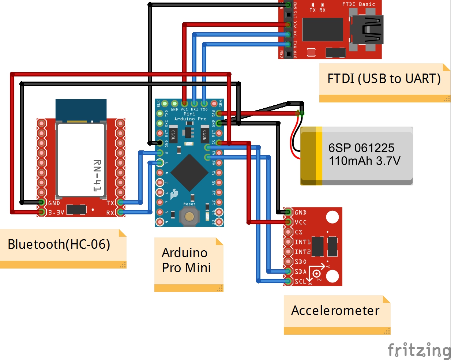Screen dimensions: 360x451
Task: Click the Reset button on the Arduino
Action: click(x=189, y=216)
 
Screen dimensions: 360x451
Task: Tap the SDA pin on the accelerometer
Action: click(x=288, y=271)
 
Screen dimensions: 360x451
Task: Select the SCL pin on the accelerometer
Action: click(x=288, y=281)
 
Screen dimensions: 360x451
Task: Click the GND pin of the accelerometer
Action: click(x=288, y=212)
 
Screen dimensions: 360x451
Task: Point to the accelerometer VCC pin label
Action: click(x=301, y=222)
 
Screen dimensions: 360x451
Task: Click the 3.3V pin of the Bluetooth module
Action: click(x=42, y=212)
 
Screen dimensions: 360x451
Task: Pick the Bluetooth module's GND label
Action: click(x=54, y=203)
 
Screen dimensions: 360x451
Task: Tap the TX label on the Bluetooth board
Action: click(x=110, y=203)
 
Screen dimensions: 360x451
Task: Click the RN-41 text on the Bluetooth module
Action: click(x=97, y=176)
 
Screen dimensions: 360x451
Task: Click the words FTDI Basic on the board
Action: click(x=358, y=4)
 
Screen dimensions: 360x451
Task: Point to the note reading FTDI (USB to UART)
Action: click(x=384, y=79)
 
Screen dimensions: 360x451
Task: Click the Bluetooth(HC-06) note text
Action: click(x=59, y=244)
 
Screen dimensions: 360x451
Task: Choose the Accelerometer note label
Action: click(x=335, y=311)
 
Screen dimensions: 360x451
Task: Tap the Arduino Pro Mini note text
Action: click(x=186, y=260)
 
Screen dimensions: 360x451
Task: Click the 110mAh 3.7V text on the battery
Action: click(x=364, y=161)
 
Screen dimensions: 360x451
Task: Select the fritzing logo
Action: click(x=419, y=350)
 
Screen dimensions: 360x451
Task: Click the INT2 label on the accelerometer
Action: click(x=302, y=252)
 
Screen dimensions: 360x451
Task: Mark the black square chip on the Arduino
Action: click(x=189, y=173)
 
